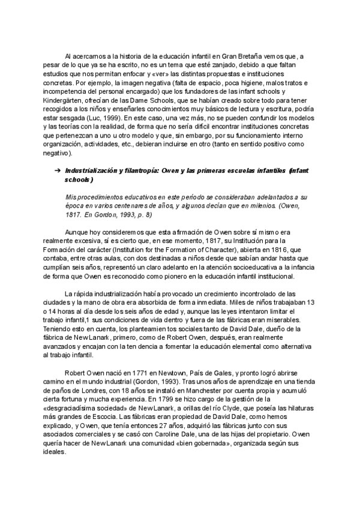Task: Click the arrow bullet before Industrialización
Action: [x=58, y=171]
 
